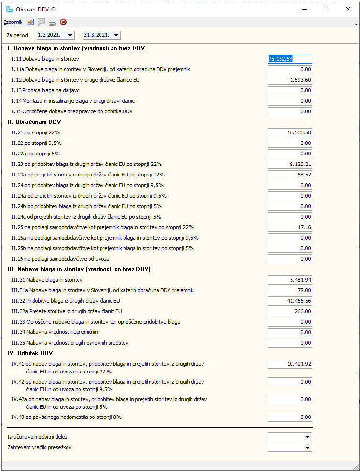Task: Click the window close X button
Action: [348, 9]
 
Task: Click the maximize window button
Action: [326, 9]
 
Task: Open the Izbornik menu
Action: [13, 22]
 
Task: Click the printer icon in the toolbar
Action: [52, 22]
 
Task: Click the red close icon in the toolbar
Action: [63, 22]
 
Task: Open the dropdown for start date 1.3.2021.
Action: [71, 35]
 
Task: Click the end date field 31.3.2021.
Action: [98, 35]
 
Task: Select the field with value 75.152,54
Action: [290, 59]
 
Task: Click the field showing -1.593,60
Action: [290, 80]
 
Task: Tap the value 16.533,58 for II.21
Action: [290, 132]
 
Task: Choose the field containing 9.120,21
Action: [290, 164]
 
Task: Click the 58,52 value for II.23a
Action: [290, 175]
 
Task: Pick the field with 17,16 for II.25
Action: [290, 227]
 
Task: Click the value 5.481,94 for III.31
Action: [290, 280]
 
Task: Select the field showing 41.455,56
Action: [290, 301]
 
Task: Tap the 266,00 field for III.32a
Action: [290, 311]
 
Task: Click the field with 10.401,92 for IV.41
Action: [290, 364]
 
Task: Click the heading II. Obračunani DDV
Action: [34, 122]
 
